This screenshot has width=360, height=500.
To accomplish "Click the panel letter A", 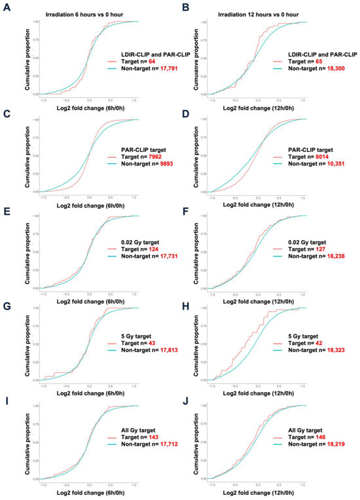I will point(6,9).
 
